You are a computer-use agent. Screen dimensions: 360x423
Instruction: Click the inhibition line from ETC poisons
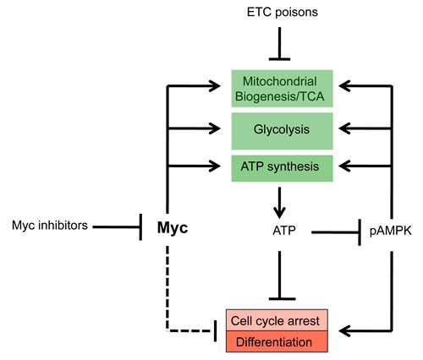point(279,42)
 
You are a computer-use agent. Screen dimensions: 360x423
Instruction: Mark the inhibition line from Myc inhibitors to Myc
point(114,226)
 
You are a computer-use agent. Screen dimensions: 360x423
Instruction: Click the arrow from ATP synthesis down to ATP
point(279,196)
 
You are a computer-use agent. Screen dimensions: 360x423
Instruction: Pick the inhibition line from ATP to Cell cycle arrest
point(279,270)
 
